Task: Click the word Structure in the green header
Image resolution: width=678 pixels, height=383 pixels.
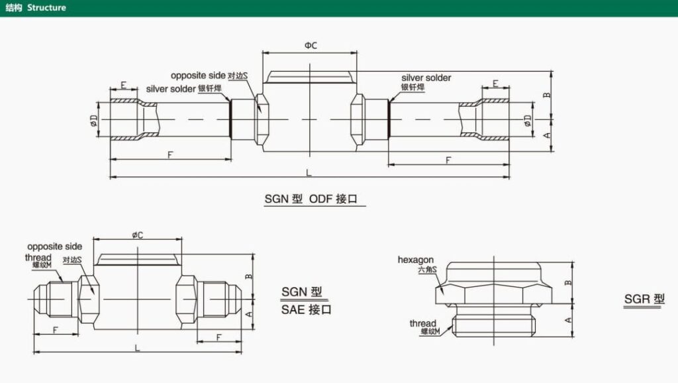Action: click(x=46, y=8)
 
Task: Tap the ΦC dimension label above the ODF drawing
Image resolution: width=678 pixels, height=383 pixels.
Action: click(x=311, y=45)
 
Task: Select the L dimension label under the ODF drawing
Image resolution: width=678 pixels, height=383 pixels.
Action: click(x=309, y=172)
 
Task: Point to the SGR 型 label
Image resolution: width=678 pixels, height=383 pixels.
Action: click(x=644, y=299)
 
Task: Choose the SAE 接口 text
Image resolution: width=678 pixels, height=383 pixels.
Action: click(x=307, y=309)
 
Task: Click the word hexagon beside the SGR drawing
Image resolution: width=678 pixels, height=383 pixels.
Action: click(x=416, y=260)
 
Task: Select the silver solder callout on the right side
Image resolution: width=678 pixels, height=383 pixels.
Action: click(x=426, y=78)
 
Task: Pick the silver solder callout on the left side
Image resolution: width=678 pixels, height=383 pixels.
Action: click(x=171, y=89)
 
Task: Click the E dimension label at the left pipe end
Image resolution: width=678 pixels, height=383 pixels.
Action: click(x=123, y=84)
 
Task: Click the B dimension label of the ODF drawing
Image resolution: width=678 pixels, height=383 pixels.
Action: click(x=547, y=95)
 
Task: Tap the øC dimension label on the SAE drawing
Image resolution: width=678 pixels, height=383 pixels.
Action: click(x=138, y=235)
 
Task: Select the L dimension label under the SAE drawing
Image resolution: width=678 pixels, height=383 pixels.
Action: click(x=137, y=347)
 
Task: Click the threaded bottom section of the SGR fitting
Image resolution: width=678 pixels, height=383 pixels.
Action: click(x=493, y=324)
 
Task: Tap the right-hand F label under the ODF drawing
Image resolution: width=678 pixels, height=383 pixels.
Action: click(x=449, y=160)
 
